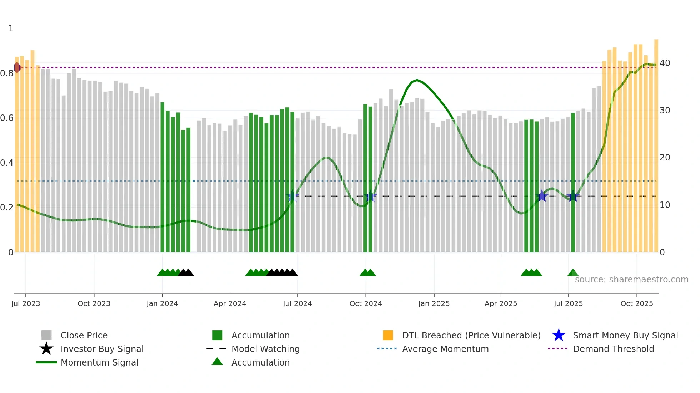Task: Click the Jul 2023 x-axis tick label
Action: coord(25,303)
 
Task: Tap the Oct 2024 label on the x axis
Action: coord(365,303)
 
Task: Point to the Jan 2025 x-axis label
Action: coord(434,303)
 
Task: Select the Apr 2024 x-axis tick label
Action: coord(230,303)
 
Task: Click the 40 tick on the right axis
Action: coord(665,63)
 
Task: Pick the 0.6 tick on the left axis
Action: coord(7,118)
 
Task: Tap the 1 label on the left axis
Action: coord(11,29)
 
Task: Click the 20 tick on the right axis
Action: coord(665,158)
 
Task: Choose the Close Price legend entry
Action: coord(84,335)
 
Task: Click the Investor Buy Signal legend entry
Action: coord(102,349)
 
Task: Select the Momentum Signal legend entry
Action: coord(99,362)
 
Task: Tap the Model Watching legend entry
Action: coord(265,349)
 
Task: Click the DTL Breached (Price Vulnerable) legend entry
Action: coord(471,335)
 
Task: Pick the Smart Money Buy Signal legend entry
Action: coord(625,335)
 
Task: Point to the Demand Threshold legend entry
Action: coord(613,349)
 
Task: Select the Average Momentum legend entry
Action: coord(445,349)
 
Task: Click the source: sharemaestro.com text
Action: coord(631,279)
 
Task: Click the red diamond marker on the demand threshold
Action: coord(17,67)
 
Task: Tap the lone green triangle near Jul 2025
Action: coord(572,273)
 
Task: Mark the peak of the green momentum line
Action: coord(417,80)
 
